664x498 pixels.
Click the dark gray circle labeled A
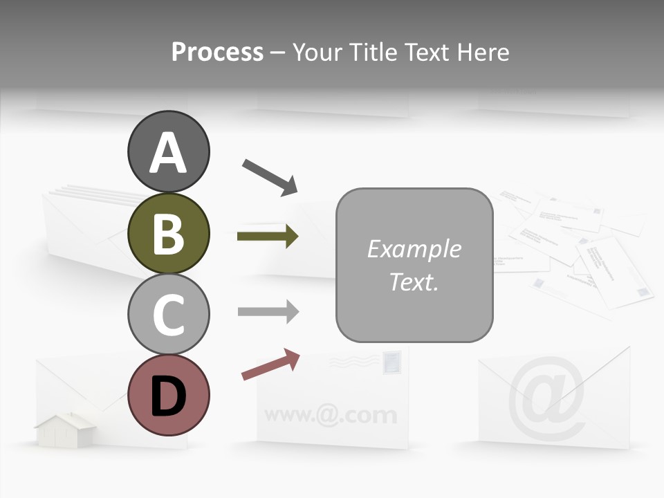[x=168, y=151]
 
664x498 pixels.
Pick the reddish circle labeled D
[x=168, y=395]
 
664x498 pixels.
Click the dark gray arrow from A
[x=270, y=176]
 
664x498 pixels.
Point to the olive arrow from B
[x=268, y=237]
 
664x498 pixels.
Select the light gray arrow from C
[x=268, y=312]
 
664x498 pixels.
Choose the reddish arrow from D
[x=270, y=365]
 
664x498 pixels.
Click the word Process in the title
[x=217, y=52]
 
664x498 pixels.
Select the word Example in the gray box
[x=414, y=249]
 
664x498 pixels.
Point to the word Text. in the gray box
[x=414, y=282]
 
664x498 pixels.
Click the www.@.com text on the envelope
[x=331, y=415]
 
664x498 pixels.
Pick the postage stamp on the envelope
[x=391, y=362]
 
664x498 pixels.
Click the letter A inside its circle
[x=168, y=153]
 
